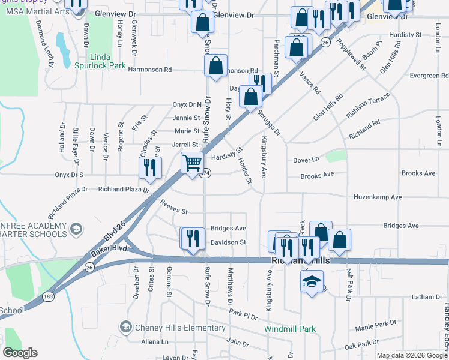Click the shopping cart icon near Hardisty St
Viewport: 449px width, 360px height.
coord(192,163)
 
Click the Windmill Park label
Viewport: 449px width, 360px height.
coord(290,329)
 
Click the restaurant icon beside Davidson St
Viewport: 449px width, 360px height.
coord(192,239)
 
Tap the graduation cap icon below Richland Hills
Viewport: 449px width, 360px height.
coord(312,282)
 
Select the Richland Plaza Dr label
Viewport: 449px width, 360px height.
coord(124,189)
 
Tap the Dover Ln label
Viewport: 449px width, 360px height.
coord(306,160)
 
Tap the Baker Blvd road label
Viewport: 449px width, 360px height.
coord(110,248)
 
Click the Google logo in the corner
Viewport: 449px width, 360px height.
coord(20,352)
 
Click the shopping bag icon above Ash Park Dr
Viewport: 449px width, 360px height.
coord(339,240)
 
